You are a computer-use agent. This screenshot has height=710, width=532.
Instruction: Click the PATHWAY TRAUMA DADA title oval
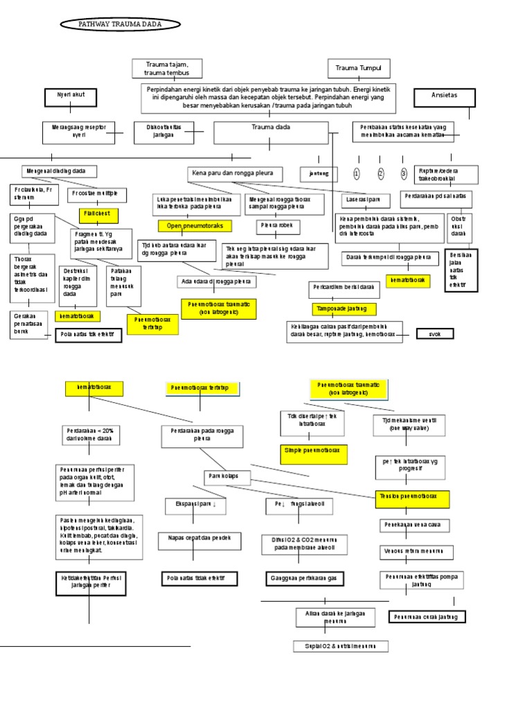(121, 24)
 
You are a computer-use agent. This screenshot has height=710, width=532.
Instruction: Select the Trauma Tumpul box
(358, 69)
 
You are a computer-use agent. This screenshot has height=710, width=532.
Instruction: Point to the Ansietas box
(444, 97)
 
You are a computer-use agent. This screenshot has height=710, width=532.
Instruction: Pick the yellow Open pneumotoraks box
(195, 226)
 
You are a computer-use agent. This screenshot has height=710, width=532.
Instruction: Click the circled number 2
(380, 173)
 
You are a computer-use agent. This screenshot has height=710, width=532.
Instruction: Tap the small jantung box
(319, 173)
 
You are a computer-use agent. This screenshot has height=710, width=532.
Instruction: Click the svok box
(435, 334)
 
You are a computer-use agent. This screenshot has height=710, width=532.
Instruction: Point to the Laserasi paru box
(364, 201)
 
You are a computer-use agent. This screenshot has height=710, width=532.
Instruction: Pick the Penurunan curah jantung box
(427, 616)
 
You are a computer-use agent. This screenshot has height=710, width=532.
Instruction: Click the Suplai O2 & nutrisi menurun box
(340, 646)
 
